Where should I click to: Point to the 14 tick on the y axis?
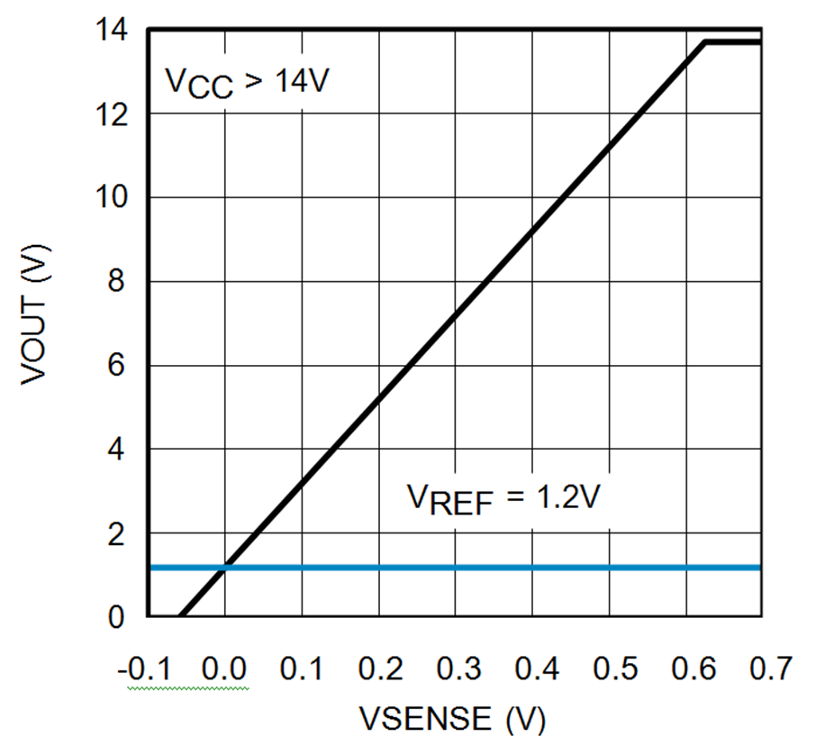point(114,30)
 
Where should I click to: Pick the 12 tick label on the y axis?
point(114,114)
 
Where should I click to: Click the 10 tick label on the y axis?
point(114,197)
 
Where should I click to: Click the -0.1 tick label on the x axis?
point(143,669)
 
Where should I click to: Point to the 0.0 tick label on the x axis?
point(224,669)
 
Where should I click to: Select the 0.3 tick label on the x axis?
point(455,669)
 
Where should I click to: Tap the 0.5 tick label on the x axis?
point(609,669)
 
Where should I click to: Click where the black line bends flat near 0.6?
point(705,41)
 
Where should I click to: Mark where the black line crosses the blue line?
point(225,567)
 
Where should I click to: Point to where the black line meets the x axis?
point(179,616)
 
